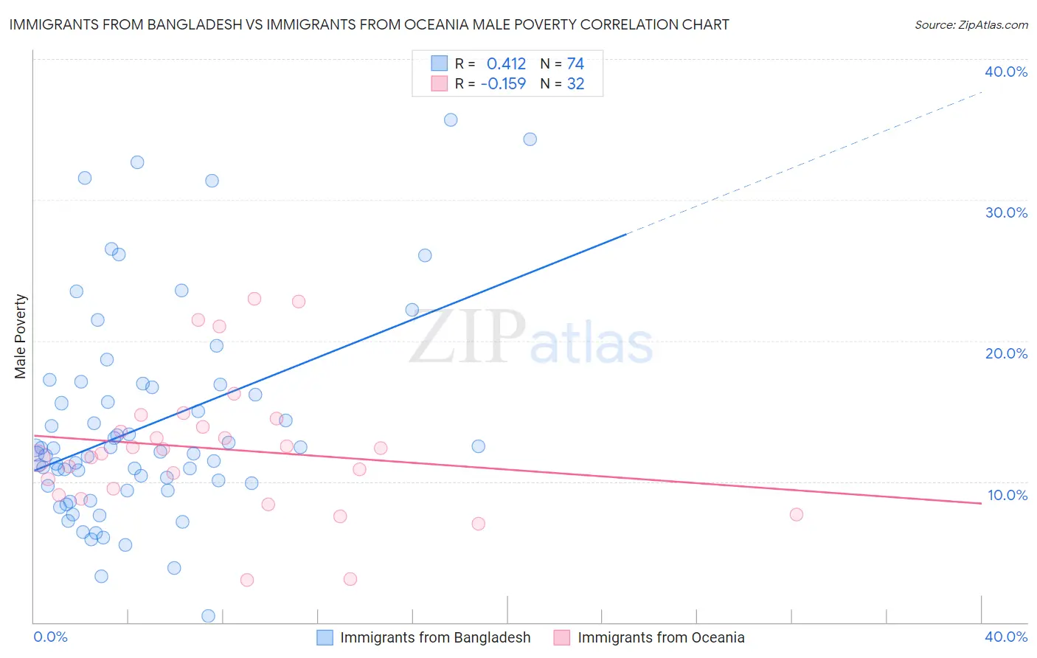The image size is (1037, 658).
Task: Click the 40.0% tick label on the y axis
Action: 1005,72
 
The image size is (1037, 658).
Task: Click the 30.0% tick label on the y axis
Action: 1005,212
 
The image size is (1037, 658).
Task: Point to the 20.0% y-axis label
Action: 1005,353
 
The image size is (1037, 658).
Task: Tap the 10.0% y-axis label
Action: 1007,495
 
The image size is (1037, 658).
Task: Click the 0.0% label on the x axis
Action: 50,637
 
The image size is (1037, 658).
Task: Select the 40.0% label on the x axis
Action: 1005,637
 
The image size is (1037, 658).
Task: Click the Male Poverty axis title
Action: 21,336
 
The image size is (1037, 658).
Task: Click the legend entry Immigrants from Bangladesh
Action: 435,637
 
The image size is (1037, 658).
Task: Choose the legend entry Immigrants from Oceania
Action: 661,637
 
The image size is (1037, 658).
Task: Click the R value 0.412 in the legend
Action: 506,64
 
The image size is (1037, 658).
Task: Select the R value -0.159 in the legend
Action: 503,84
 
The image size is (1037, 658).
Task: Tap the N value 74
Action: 575,64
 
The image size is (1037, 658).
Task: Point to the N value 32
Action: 575,84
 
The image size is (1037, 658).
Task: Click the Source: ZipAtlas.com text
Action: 971,25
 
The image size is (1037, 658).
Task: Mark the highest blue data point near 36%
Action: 451,120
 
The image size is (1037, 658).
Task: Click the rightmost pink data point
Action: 796,514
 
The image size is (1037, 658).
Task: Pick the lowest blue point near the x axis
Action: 209,615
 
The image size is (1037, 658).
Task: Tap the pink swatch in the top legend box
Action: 440,83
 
